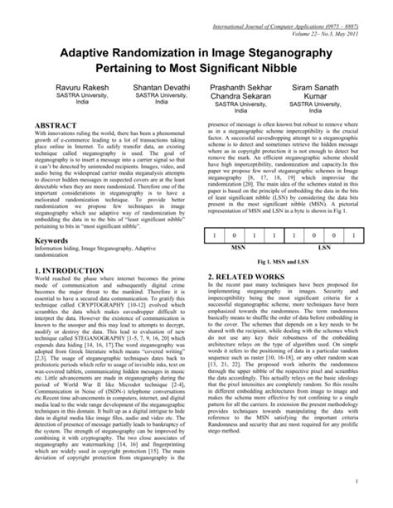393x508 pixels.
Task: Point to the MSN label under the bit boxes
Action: pyautogui.click(x=237, y=247)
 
